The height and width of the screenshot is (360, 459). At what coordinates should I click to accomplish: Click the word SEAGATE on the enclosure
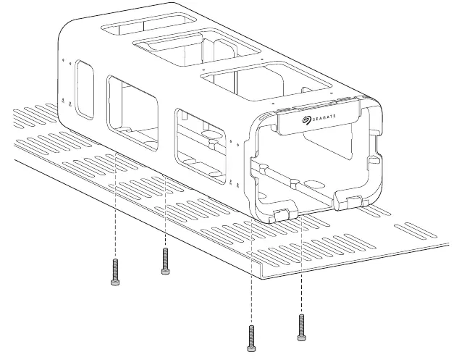[x=324, y=118]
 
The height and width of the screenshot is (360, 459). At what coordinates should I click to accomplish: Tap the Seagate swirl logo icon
[x=307, y=120]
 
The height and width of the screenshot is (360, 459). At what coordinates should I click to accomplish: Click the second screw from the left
[x=165, y=261]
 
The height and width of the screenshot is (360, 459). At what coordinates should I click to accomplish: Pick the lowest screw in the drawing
[x=251, y=338]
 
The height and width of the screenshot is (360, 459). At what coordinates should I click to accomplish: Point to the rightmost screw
[x=302, y=327]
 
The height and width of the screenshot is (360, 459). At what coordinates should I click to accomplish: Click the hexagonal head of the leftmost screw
[x=115, y=282]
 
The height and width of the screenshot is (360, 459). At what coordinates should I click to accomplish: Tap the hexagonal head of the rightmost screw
[x=302, y=338]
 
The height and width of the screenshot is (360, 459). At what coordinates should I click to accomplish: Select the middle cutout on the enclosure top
[x=196, y=47]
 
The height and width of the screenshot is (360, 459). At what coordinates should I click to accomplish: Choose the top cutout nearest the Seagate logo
[x=266, y=80]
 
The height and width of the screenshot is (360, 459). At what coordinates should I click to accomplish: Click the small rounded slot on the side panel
[x=85, y=90]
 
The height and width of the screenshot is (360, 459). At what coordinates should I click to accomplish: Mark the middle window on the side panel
[x=132, y=113]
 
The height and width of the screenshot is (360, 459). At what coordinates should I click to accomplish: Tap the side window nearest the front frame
[x=201, y=146]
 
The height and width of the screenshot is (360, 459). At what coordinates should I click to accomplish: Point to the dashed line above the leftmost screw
[x=116, y=205]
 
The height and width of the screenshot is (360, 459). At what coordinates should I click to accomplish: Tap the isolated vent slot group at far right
[x=416, y=230]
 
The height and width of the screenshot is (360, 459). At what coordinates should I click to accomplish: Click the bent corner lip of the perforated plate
[x=261, y=270]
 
